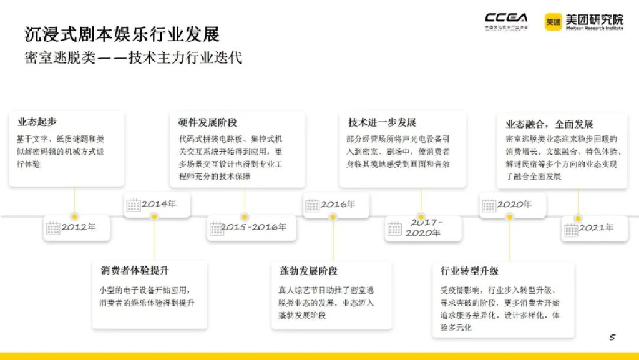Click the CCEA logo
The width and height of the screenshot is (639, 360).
[506, 20]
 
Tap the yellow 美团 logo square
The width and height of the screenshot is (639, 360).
[553, 22]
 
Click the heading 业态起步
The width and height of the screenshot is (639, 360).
[37, 122]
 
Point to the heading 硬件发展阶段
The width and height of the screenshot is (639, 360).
[207, 122]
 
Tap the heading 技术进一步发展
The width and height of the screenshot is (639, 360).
[382, 122]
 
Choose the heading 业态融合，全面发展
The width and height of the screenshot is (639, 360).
[549, 124]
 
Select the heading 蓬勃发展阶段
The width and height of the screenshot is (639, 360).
[308, 271]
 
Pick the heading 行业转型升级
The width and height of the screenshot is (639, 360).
[469, 271]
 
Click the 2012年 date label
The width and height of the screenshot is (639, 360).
[79, 227]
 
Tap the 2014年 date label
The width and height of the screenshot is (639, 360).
[159, 204]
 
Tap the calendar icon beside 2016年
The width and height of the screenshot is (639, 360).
[312, 205]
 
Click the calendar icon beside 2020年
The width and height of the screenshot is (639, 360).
[489, 205]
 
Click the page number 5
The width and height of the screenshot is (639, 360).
[612, 338]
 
